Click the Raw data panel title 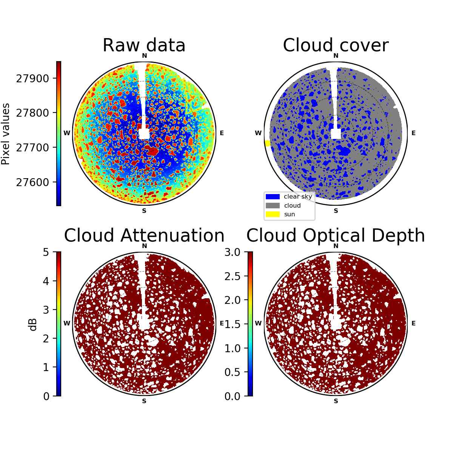pos(144,45)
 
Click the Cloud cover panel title pos(336,45)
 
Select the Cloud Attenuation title pos(144,235)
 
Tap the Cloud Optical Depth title pos(336,235)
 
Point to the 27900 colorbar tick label pos(32,79)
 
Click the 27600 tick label pos(32,182)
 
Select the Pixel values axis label pos(6,134)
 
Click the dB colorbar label pos(33,325)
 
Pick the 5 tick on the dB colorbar pos(46,252)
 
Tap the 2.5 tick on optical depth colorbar pos(233,276)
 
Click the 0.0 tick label pos(233,397)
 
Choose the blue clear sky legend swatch pos(273,197)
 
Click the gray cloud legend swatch pos(273,205)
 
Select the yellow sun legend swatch pos(273,214)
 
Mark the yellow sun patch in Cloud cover pos(268,143)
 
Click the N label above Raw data pos(144,56)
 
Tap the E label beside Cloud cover pos(413,133)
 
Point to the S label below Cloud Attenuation pos(144,401)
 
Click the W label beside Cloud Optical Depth pos(258,323)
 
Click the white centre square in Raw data pos(144,134)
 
